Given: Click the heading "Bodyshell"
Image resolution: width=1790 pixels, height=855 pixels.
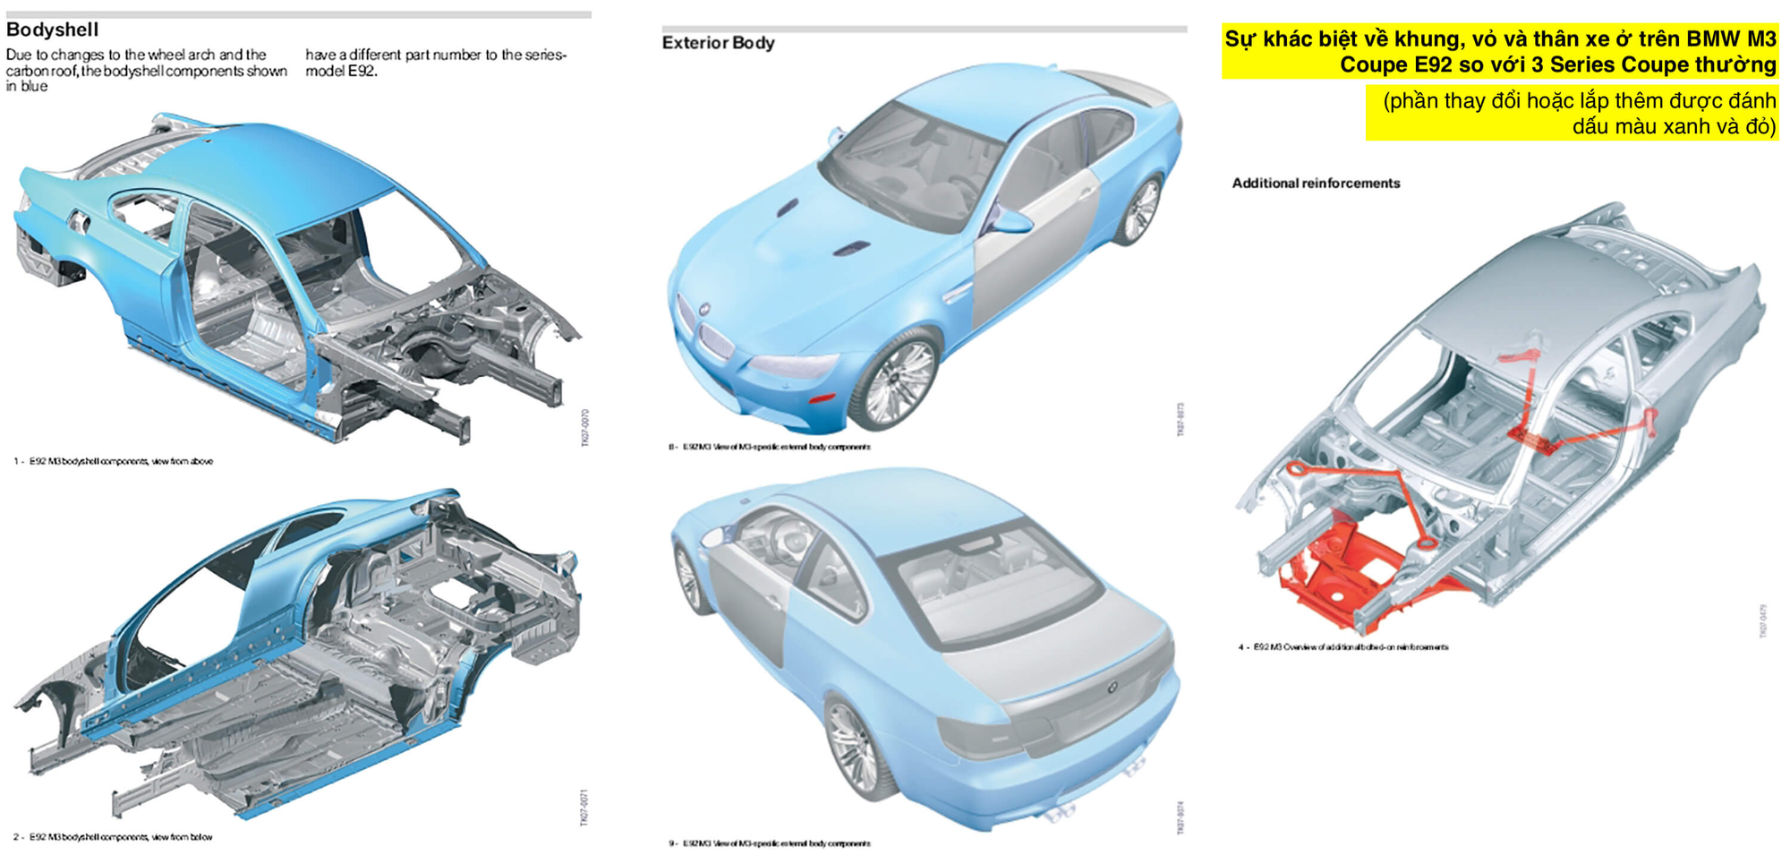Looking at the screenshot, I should tap(52, 30).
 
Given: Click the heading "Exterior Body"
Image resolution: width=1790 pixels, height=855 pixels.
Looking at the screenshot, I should tap(718, 42).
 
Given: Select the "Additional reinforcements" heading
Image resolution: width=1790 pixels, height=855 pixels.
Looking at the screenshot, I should tap(1315, 184).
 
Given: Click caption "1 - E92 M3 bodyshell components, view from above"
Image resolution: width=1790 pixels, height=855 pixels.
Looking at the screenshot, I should tap(113, 462).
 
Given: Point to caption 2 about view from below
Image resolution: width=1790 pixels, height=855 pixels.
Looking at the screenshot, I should tap(113, 838).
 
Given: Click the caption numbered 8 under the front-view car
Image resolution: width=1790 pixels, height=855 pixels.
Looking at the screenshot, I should tap(770, 447).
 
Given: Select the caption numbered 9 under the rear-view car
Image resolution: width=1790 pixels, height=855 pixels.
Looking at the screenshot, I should tap(770, 843).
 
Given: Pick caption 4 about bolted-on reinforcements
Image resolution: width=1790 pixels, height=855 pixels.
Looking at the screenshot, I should tap(1342, 647).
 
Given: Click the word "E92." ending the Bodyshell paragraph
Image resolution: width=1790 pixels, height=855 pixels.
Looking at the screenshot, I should tap(362, 72).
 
